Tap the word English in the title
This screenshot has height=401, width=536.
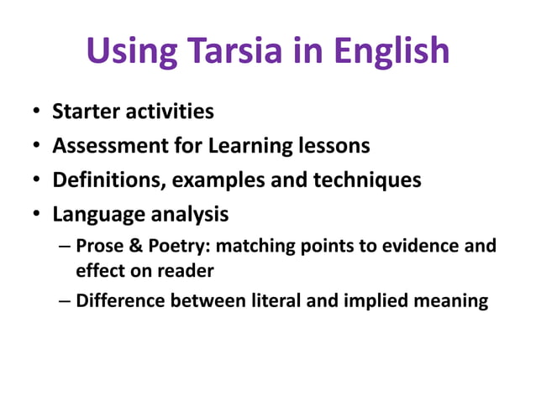[x=391, y=51]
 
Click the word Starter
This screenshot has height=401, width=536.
[x=85, y=111]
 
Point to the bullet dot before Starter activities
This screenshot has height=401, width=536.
[x=36, y=112]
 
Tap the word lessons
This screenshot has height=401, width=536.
[x=334, y=146]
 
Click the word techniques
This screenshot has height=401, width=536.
[x=370, y=180]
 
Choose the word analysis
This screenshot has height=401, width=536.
[x=189, y=215]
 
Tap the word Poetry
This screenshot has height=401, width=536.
[x=171, y=247]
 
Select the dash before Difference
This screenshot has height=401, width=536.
[x=66, y=300]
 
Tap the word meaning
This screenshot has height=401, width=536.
[x=457, y=300]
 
